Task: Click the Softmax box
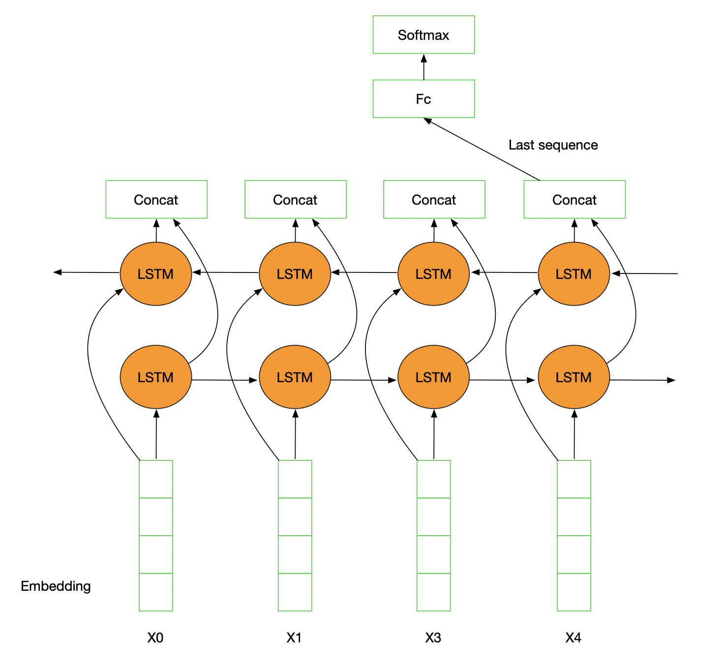pos(423,35)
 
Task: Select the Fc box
pos(423,99)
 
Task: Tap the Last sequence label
pos(553,145)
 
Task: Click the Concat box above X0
pos(156,200)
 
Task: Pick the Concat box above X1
pos(295,200)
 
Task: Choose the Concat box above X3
pos(434,200)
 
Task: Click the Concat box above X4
pos(574,200)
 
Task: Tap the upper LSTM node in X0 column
pos(155,274)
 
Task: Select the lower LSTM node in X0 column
pos(155,377)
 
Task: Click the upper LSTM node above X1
pos(295,274)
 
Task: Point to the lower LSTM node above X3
pos(433,377)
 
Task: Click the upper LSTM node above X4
pos(573,274)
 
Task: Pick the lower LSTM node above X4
pos(573,377)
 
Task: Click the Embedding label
pos(56,586)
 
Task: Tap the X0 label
pos(155,638)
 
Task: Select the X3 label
pos(433,638)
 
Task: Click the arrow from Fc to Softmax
pos(423,67)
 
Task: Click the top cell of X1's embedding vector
pos(295,479)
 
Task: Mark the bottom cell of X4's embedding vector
pos(573,592)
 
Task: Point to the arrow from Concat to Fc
pos(482,149)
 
